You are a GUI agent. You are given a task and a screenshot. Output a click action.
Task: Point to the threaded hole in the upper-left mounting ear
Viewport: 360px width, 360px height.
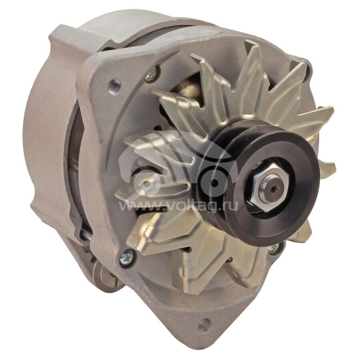(114, 85)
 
